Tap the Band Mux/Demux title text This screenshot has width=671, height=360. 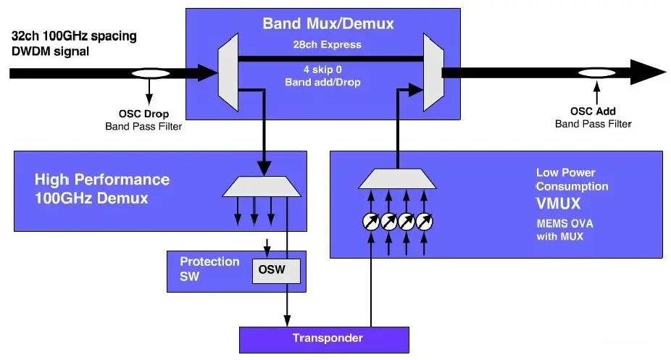click(328, 24)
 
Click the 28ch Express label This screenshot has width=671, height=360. click(328, 44)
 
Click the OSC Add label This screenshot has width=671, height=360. click(594, 112)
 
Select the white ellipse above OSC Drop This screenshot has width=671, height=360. click(151, 73)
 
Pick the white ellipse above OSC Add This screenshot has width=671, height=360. click(597, 73)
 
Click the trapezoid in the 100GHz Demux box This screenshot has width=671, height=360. click(261, 186)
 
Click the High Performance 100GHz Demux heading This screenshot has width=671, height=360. click(102, 188)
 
